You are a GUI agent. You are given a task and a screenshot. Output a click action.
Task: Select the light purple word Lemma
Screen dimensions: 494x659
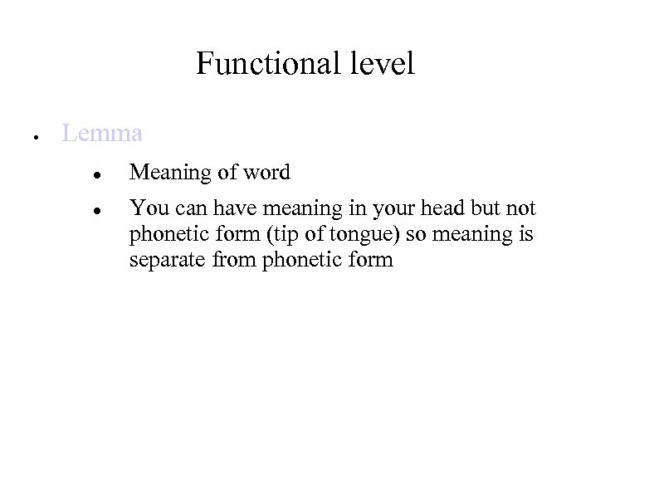102,133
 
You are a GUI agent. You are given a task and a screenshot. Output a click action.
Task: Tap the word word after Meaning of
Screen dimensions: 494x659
266,173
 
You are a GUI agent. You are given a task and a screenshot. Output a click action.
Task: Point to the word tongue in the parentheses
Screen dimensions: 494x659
369,235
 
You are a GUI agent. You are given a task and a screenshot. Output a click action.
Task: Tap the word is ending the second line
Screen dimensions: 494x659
525,234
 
